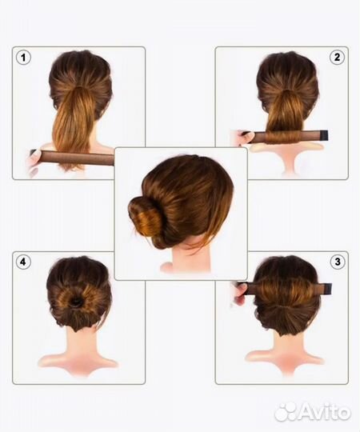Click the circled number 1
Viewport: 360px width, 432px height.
point(23,58)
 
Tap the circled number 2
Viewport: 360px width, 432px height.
point(337,58)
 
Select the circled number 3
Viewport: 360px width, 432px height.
point(338,262)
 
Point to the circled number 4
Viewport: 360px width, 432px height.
point(23,262)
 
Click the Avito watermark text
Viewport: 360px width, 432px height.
point(326,412)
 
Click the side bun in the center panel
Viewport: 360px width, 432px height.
point(144,218)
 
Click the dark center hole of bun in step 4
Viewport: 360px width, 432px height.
point(76,302)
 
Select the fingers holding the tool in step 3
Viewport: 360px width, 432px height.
point(241,294)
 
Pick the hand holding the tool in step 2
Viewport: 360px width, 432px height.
point(244,137)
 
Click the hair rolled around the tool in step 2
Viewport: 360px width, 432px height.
point(286,135)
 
